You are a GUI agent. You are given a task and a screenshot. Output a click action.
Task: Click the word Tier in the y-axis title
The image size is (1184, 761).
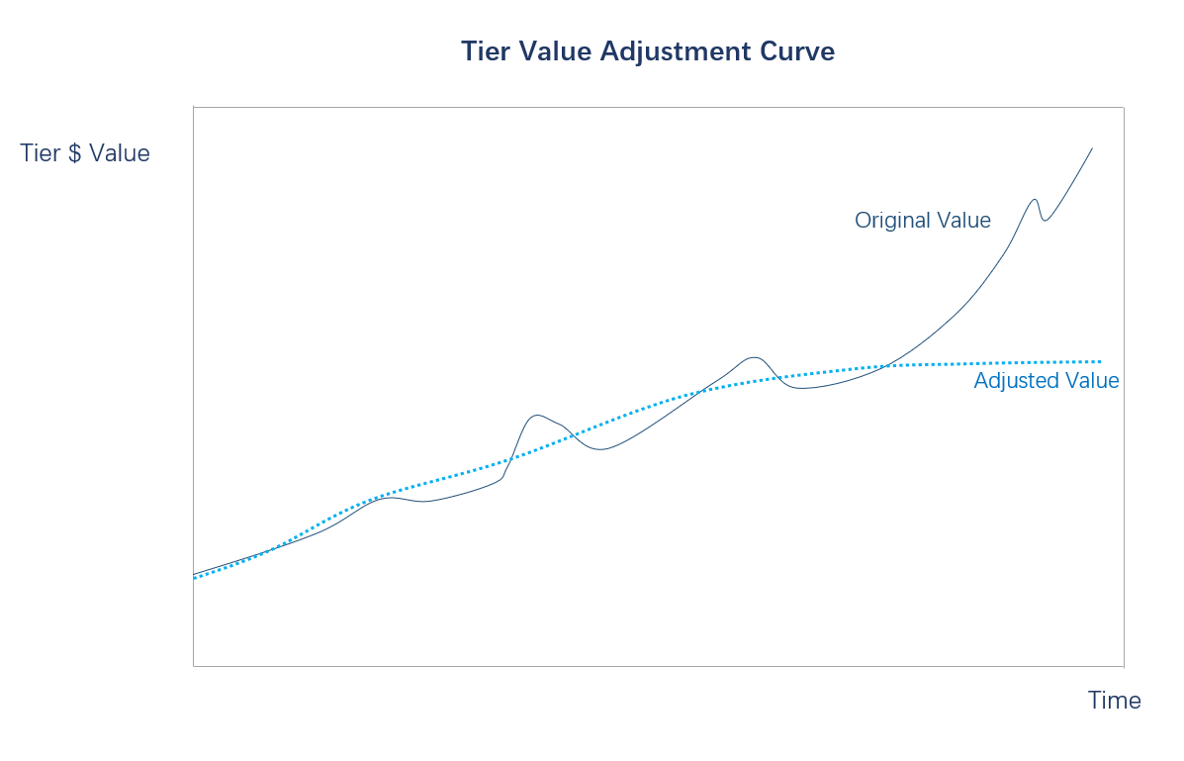41,154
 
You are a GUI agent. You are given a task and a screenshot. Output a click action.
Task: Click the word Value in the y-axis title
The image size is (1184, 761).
120,154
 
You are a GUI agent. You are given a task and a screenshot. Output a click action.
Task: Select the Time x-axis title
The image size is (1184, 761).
1114,701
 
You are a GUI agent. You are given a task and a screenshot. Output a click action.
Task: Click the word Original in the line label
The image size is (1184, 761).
887,221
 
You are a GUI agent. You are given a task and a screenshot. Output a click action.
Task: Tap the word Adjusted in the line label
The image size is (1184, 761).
1014,381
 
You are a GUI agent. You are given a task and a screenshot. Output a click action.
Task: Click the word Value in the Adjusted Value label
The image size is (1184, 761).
1091,381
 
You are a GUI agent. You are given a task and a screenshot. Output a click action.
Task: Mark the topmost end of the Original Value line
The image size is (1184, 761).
1092,148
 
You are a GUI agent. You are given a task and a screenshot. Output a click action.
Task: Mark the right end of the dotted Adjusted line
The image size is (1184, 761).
1100,361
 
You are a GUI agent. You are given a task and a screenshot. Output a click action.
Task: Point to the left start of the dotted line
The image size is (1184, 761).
195,577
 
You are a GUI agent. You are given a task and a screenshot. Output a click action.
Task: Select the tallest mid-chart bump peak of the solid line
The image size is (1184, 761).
755,357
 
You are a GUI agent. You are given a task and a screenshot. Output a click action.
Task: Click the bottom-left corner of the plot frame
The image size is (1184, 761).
194,666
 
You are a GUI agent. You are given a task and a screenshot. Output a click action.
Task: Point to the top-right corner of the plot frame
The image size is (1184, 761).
1124,108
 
